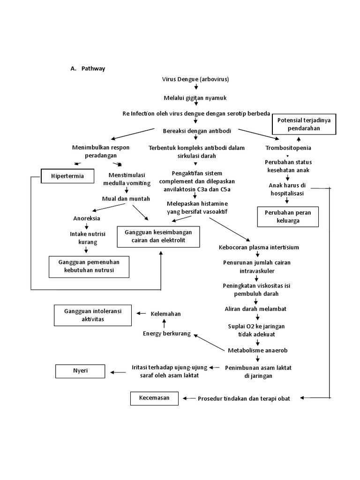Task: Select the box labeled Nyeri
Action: [78, 371]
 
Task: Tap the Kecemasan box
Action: [155, 398]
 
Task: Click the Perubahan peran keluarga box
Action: [288, 217]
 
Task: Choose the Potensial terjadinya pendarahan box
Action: [304, 124]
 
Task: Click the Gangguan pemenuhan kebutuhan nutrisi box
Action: [89, 266]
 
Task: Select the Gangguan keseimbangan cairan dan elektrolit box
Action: [158, 236]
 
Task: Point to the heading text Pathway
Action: [93, 68]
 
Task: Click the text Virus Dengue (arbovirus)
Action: [195, 79]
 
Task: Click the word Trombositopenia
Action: [288, 148]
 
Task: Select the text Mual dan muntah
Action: [126, 199]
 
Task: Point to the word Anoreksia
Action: [86, 218]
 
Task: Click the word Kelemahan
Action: [165, 314]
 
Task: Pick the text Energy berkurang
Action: [167, 333]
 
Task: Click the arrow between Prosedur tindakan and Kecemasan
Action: [188, 398]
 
